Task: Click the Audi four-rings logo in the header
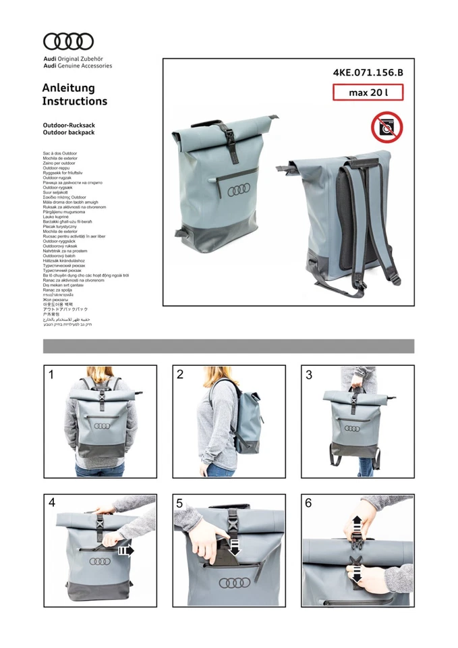(x=69, y=42)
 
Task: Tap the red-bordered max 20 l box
(x=368, y=92)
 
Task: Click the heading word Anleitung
(x=68, y=88)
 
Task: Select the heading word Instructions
(x=74, y=101)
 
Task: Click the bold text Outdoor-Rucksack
(x=69, y=126)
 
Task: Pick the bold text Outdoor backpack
(x=68, y=132)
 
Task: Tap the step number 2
(x=180, y=375)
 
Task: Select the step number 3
(x=309, y=375)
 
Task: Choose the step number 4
(x=52, y=503)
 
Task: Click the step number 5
(x=180, y=503)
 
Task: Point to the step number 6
(x=309, y=503)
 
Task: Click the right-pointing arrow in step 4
(x=125, y=551)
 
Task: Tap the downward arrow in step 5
(x=235, y=545)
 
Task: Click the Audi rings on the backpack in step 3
(x=352, y=428)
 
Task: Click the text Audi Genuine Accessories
(x=78, y=65)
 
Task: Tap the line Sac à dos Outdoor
(x=60, y=153)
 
